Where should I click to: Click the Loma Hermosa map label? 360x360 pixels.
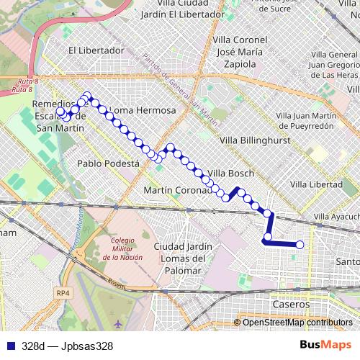click(145, 110)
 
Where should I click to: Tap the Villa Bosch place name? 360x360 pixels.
click(228, 174)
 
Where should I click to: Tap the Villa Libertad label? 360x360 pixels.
click(315, 184)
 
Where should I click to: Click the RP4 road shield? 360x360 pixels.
click(64, 293)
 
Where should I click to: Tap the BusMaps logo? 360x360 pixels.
click(326, 345)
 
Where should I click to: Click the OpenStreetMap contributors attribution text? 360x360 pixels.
click(297, 323)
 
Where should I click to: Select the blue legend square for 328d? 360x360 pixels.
click(9, 346)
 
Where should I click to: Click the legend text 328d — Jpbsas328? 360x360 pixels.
click(67, 346)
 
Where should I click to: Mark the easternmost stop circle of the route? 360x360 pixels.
click(300, 246)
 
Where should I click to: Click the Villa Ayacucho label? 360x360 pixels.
click(336, 217)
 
